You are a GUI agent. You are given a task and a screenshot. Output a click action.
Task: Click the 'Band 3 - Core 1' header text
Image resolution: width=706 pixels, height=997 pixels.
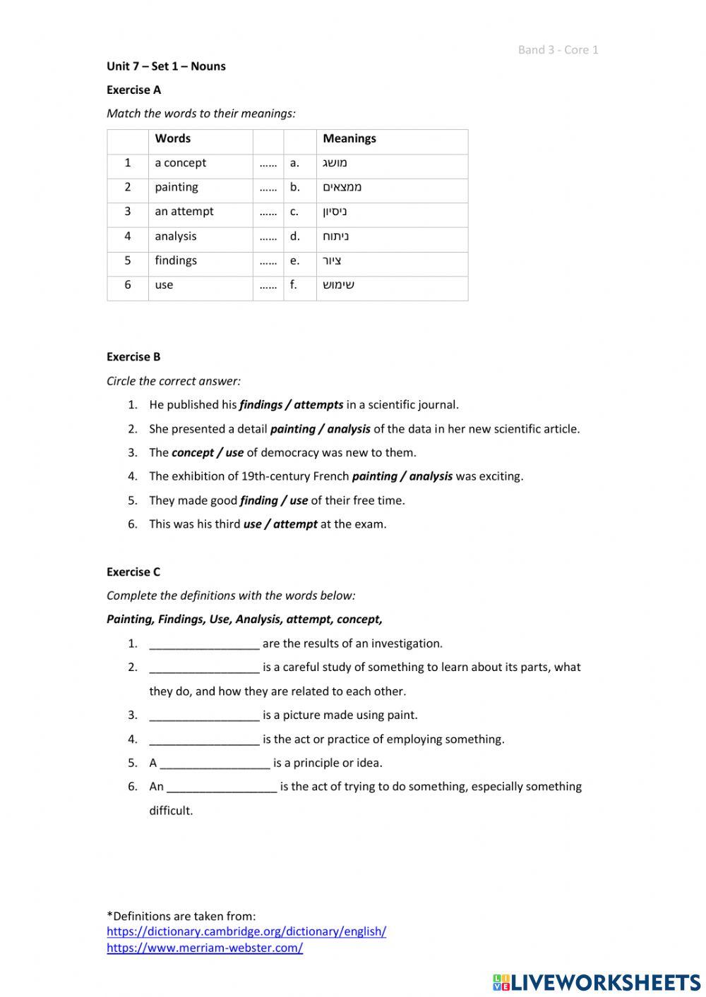click(558, 49)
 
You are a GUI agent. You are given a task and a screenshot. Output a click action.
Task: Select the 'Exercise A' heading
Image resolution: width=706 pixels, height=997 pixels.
click(133, 90)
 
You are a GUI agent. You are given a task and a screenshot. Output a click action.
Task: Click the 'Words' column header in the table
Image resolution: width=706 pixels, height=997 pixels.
click(173, 139)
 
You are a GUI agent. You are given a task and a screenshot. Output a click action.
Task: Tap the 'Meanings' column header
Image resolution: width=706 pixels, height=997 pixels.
click(349, 139)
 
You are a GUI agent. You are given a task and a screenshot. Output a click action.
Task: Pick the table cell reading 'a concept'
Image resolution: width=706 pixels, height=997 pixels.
click(181, 163)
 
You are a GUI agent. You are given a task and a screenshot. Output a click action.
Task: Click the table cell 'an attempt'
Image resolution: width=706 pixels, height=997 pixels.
click(184, 212)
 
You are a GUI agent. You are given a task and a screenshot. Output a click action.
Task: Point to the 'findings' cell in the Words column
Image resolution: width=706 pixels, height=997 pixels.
click(176, 260)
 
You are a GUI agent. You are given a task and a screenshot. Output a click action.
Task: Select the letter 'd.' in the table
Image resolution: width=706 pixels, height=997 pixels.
click(295, 236)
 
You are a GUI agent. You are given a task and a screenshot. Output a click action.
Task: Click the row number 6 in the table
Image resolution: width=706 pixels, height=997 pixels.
click(128, 285)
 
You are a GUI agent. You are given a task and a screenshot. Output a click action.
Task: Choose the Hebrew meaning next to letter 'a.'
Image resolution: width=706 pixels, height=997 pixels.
click(335, 163)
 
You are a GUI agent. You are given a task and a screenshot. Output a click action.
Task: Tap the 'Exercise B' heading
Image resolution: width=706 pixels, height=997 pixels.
click(133, 357)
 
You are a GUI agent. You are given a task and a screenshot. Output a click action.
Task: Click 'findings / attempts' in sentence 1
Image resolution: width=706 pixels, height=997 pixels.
click(292, 405)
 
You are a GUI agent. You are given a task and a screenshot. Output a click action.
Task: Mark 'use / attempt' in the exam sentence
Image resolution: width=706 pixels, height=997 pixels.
click(280, 524)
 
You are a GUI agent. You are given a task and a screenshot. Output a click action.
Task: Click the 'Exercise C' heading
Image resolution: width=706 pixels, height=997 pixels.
click(133, 572)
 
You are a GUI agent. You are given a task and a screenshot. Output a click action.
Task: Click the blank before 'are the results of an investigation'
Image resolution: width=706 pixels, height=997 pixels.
click(204, 644)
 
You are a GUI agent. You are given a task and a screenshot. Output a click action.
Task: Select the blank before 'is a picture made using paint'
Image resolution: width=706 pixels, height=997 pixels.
click(204, 715)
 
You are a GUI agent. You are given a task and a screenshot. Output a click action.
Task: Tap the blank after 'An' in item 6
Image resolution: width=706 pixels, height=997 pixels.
click(222, 787)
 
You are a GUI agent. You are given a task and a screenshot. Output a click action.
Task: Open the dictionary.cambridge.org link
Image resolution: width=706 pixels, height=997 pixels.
click(246, 931)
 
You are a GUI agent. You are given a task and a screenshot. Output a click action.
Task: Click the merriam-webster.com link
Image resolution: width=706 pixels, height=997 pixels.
click(205, 948)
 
